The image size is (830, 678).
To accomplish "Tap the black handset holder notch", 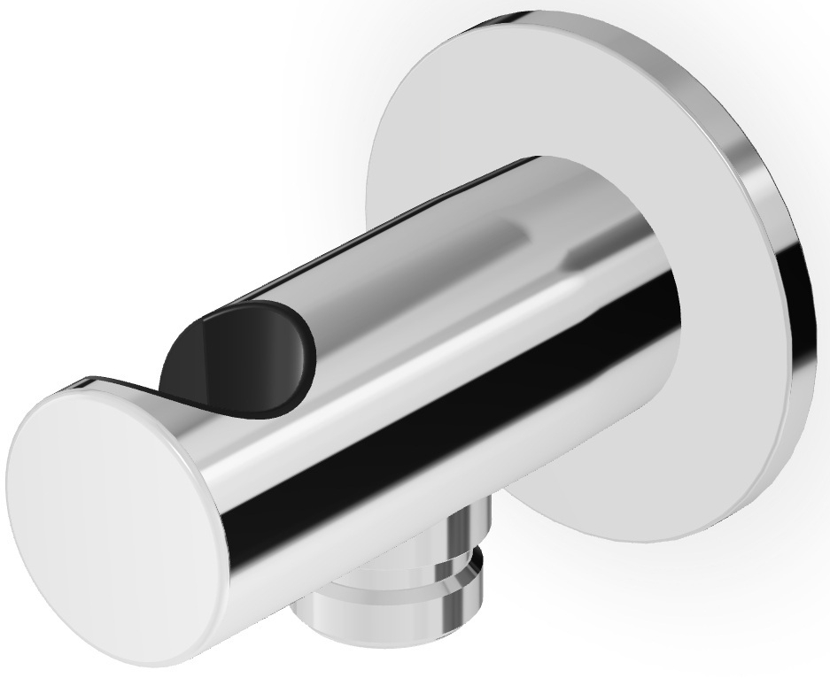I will click(239, 354).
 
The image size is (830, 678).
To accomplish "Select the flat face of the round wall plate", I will click(531, 97).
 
